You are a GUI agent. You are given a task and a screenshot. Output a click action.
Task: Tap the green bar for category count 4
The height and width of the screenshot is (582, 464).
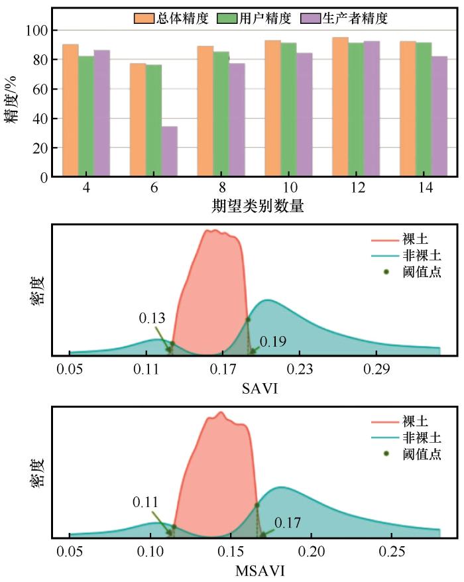pyautogui.click(x=86, y=117)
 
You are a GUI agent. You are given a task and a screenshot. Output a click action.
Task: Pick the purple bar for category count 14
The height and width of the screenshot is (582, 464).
pyautogui.click(x=439, y=117)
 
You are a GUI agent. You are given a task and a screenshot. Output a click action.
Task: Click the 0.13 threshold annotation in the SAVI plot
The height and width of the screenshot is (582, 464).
pyautogui.click(x=152, y=318)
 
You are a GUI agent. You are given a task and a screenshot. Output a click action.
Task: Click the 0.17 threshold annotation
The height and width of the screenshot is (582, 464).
pyautogui.click(x=287, y=523)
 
